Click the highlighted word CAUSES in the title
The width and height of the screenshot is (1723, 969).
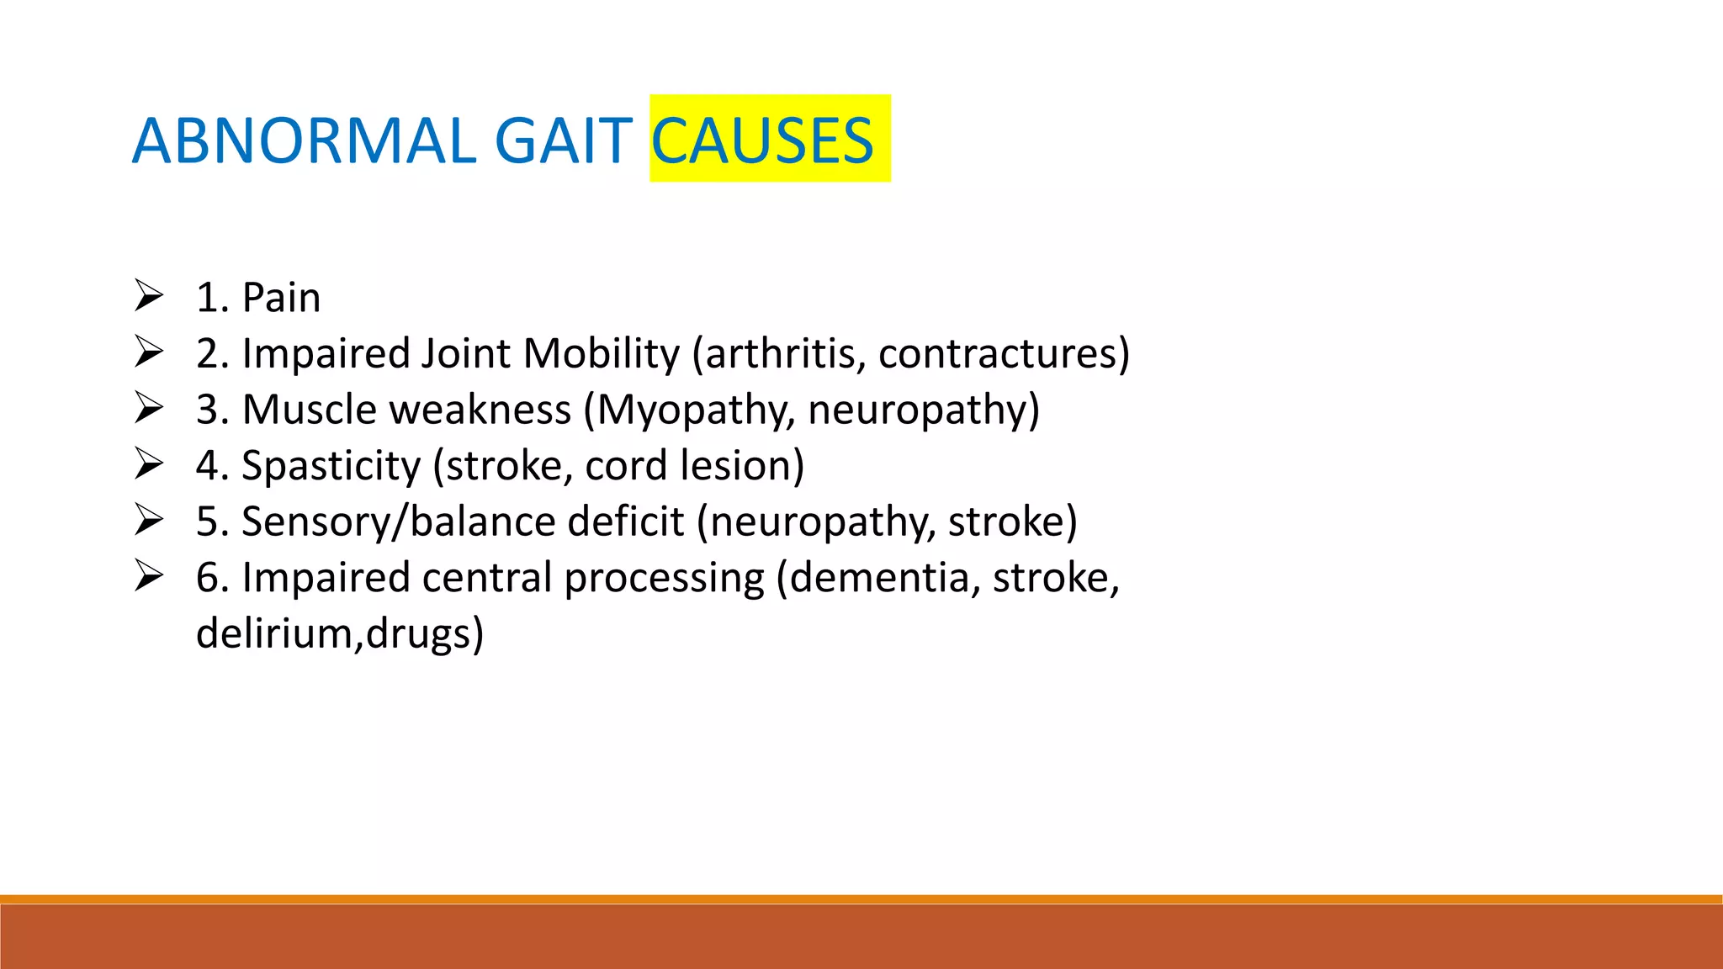pyautogui.click(x=762, y=140)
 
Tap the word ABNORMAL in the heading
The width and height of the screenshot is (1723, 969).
pyautogui.click(x=304, y=140)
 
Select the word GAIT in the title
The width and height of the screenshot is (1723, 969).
pyautogui.click(x=563, y=140)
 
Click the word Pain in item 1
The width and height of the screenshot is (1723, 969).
pyautogui.click(x=281, y=298)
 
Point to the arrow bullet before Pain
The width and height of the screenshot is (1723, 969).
pyautogui.click(x=149, y=296)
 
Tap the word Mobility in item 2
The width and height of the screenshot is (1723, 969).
pyautogui.click(x=601, y=353)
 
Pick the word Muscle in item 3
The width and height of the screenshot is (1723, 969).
pyautogui.click(x=309, y=410)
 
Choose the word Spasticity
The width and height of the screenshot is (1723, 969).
pyautogui.click(x=331, y=466)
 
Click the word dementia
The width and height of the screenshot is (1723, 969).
pyautogui.click(x=883, y=578)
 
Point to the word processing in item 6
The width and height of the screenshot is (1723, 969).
pyautogui.click(x=664, y=579)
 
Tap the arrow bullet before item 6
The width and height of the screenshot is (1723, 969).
pyautogui.click(x=149, y=576)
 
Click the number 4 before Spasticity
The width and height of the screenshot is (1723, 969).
pyautogui.click(x=207, y=466)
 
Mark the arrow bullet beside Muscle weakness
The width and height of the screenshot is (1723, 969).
pyautogui.click(x=149, y=408)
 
